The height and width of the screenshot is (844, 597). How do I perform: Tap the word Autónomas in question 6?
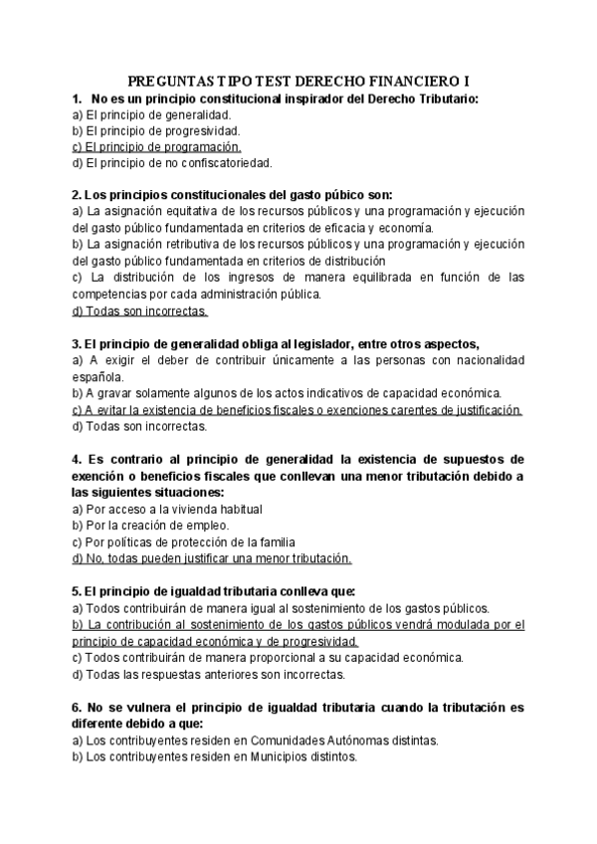[359, 740]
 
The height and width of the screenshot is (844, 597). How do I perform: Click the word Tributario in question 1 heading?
[445, 99]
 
